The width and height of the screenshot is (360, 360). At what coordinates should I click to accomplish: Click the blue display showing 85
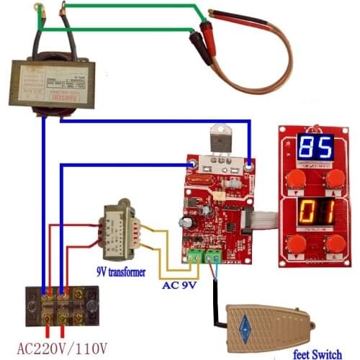(315, 148)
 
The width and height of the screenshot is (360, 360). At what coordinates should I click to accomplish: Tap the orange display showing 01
(314, 212)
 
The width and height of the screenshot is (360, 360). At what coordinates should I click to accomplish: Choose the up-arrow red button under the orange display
(333, 245)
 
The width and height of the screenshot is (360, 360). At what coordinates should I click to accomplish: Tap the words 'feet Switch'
(321, 353)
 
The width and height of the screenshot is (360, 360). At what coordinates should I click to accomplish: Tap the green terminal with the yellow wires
(194, 255)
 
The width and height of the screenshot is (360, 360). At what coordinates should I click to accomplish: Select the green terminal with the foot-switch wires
(214, 255)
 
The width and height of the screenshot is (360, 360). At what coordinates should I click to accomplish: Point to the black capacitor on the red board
(187, 224)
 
